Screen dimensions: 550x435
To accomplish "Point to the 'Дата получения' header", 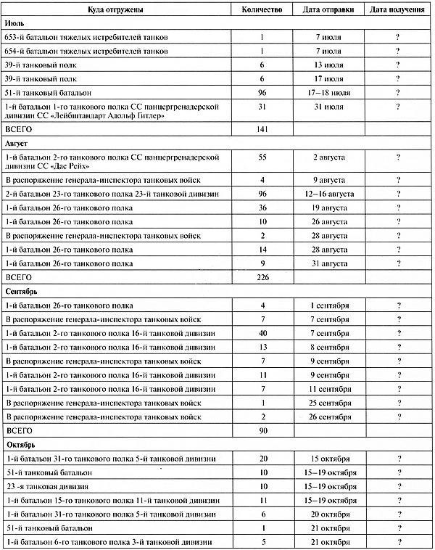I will [397, 10].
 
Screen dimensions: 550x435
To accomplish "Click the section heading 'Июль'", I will [16, 24].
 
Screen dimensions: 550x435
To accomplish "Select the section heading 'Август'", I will [17, 144].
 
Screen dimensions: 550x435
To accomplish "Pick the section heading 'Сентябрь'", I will [22, 292].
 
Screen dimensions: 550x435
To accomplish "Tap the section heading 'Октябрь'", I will [21, 444].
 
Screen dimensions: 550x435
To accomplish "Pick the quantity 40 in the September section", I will [261, 332].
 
